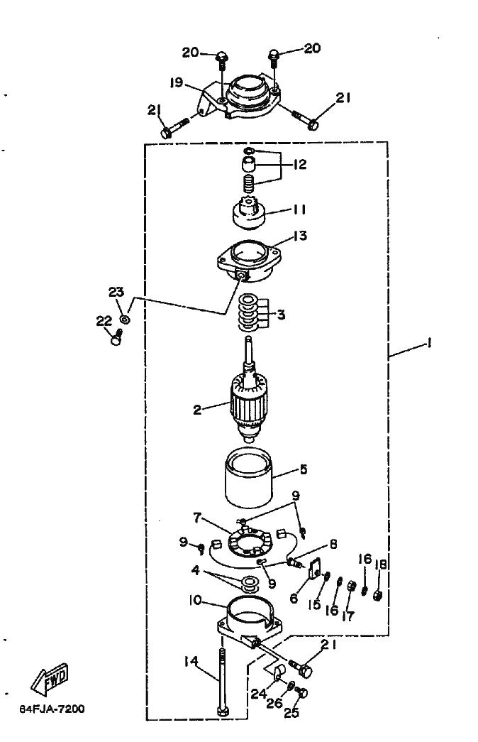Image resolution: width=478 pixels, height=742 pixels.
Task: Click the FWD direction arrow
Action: [50, 680]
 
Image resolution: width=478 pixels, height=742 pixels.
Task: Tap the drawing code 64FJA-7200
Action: [52, 709]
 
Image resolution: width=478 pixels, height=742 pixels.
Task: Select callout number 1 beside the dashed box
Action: [429, 343]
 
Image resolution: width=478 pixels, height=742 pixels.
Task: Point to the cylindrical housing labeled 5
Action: [249, 478]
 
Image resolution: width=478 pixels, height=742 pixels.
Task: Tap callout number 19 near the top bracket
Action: [177, 83]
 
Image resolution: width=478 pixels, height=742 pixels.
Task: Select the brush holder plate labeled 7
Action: [248, 544]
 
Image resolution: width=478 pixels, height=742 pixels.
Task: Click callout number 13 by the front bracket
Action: [300, 235]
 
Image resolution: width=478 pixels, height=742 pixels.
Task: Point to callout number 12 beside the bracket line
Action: [300, 164]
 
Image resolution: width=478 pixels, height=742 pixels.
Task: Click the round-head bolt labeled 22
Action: [116, 338]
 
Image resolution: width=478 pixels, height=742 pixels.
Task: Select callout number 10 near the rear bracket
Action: [195, 601]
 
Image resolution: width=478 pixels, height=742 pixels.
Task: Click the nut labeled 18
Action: [378, 595]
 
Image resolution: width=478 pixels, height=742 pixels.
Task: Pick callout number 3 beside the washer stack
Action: [282, 315]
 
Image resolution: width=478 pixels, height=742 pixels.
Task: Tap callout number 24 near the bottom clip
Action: [259, 694]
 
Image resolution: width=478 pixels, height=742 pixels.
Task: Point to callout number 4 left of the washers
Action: [196, 571]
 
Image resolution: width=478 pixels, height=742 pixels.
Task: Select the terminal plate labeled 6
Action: [313, 568]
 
